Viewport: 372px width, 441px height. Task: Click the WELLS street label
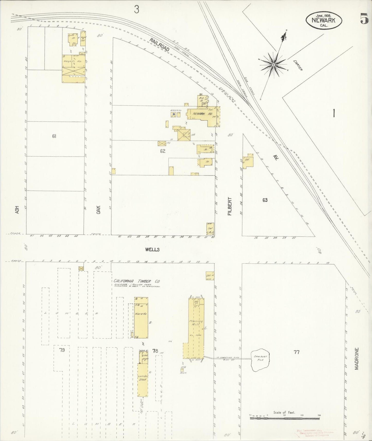(152, 250)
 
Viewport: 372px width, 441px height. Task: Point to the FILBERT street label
(230, 206)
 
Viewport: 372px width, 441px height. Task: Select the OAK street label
(98, 209)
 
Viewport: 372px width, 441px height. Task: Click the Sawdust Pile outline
(260, 360)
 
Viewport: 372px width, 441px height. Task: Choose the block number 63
(265, 200)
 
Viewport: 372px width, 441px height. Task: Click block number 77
(297, 352)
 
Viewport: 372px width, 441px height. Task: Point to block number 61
(54, 136)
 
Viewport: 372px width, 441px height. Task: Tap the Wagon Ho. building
(73, 62)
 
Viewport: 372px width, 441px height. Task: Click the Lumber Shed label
(142, 377)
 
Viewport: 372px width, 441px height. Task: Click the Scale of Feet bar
(284, 418)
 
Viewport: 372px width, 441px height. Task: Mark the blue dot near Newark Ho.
(174, 114)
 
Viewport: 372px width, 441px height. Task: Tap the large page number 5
(364, 19)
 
